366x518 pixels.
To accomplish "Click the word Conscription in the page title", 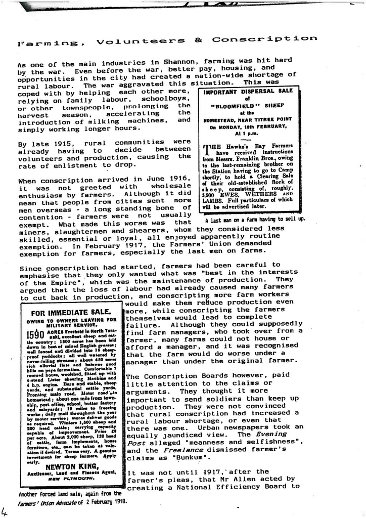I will click(x=265, y=39).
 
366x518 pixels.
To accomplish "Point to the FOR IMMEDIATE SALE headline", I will click(x=71, y=312).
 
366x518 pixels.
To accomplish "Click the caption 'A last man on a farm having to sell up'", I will click(x=255, y=220).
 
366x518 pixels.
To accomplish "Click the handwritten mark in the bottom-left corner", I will click(x=5, y=511).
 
